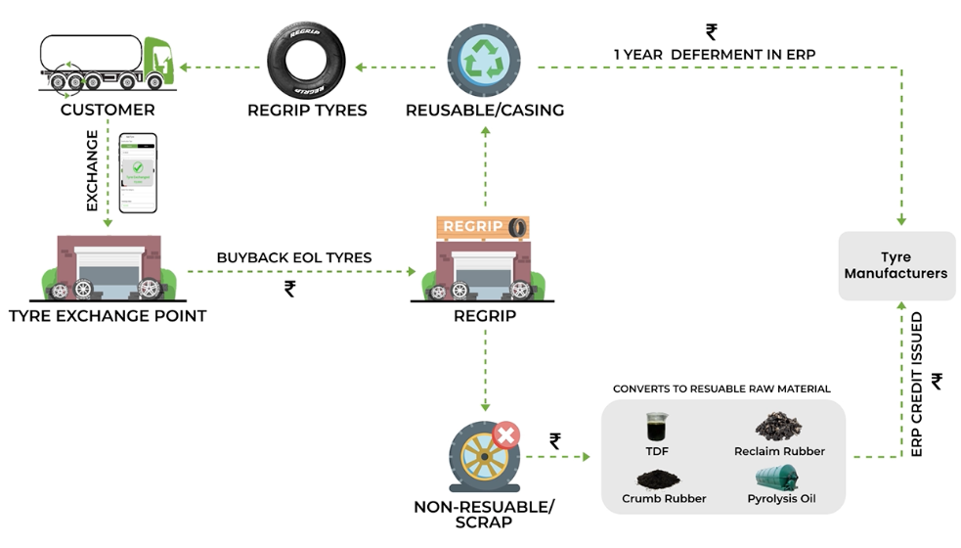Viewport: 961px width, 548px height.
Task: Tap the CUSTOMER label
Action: [108, 110]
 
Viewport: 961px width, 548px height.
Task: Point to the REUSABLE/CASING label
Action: [485, 110]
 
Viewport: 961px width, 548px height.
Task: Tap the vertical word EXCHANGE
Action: [93, 170]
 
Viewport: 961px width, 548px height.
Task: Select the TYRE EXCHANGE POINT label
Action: [108, 316]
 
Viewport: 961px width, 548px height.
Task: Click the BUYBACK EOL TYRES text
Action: [294, 257]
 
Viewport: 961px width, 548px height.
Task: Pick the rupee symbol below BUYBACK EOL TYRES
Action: [289, 289]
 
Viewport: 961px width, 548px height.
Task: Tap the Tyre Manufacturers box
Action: [896, 265]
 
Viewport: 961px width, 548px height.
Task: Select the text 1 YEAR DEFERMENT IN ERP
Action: [714, 54]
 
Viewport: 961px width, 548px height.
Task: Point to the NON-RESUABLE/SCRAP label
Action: [484, 513]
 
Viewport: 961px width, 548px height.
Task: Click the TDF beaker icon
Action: [656, 427]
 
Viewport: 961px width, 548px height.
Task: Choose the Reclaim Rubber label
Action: [779, 451]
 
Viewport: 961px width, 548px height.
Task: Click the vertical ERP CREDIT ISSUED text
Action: [916, 385]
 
